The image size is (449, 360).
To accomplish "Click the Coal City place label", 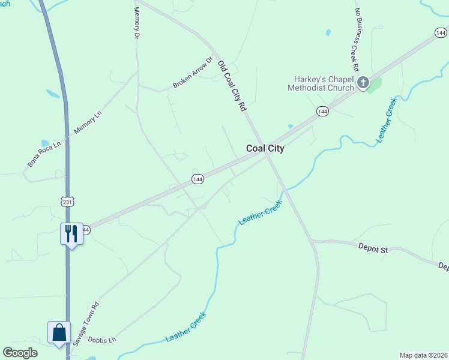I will [265, 149].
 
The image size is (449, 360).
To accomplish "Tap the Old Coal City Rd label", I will [232, 85].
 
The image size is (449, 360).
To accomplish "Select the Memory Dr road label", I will [136, 23].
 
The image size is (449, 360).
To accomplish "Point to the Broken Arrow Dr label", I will [193, 73].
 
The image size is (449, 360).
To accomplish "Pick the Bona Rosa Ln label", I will [44, 154].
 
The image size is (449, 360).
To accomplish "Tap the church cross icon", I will [363, 83].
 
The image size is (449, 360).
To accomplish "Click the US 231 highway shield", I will [67, 202].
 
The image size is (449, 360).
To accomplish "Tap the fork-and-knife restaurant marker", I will [71, 233].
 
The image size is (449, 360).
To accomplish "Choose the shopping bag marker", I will [59, 332].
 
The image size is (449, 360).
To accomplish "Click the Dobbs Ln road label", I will [101, 340].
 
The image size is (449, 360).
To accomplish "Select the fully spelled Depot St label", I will [373, 247].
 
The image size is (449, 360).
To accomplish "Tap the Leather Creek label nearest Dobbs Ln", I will [185, 327].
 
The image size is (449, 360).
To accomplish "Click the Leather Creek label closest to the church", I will [387, 119].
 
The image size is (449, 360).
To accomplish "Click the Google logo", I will [20, 353].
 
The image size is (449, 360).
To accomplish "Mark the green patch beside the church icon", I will [375, 85].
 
